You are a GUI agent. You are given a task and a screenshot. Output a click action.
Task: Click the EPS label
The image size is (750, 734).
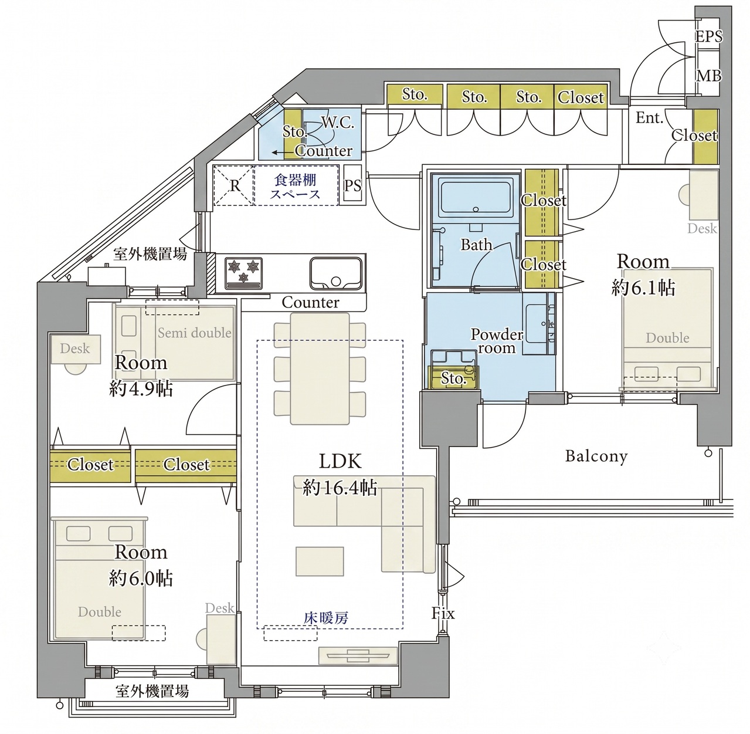point(708,36)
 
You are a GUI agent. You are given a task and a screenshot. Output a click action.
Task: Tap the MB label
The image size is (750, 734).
point(709,76)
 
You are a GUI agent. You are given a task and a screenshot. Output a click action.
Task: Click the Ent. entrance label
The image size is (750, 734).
point(649,118)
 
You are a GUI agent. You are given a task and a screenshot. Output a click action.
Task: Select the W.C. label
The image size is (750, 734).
point(338,123)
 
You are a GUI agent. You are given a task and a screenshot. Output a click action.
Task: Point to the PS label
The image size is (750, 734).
point(352,186)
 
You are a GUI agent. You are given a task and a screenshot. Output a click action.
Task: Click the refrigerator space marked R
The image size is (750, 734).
point(233,185)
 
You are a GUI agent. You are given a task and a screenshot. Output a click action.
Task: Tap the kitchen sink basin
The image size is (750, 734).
point(335,273)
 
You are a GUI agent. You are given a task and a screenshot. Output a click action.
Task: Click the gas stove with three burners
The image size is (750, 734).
point(243,273)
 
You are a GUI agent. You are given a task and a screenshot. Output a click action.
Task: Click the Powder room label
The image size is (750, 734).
point(497,341)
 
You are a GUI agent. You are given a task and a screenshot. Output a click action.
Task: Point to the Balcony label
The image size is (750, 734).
point(596,456)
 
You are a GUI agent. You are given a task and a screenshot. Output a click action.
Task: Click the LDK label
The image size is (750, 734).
point(340,461)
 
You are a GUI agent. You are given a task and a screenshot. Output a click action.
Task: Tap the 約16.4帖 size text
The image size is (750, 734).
point(340,488)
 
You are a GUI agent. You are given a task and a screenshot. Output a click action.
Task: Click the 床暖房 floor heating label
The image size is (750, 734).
point(326,618)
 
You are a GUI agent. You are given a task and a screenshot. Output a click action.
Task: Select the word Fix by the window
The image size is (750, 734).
point(443,613)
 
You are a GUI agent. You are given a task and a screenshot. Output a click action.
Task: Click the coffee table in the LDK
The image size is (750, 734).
point(320,562)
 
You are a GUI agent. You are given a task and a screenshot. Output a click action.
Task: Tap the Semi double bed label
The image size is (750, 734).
point(194,333)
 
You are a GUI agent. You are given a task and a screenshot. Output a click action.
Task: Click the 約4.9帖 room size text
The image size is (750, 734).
point(141,389)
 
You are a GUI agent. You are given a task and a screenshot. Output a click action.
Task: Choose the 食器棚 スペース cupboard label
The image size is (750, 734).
point(295,187)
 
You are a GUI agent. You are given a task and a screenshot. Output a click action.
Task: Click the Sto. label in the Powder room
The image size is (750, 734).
point(453,378)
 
